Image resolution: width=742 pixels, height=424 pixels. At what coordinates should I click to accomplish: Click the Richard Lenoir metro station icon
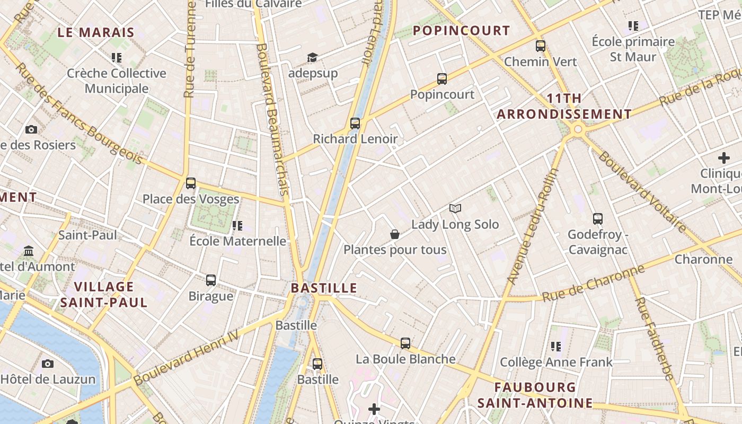[x=355, y=123]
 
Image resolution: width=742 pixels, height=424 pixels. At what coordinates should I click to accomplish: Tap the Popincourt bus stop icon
[x=442, y=79]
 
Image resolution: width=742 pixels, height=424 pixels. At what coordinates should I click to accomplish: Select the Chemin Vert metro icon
[x=541, y=46]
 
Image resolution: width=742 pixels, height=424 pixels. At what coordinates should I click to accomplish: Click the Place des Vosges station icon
[x=191, y=183]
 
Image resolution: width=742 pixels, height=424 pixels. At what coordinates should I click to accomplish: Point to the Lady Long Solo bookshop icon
[x=455, y=208]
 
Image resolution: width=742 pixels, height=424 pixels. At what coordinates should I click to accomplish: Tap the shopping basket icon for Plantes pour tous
[x=395, y=234]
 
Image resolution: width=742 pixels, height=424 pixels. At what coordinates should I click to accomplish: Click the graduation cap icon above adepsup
[x=313, y=57]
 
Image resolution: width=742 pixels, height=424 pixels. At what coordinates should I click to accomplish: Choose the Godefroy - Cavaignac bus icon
[x=598, y=218]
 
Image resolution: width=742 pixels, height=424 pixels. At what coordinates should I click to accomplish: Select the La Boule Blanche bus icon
[x=405, y=343]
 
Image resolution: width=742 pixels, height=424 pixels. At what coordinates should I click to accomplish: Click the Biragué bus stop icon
[x=211, y=280]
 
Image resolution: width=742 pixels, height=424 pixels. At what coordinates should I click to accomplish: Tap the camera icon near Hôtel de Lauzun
[x=48, y=364]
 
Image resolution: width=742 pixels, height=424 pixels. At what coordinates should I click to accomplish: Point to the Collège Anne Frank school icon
[x=556, y=347]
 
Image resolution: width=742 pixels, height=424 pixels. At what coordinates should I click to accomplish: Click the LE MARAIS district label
[x=96, y=32]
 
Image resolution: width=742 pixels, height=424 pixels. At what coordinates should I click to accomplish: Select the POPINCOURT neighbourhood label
[x=461, y=31]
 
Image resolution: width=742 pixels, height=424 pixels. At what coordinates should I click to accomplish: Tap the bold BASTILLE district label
[x=324, y=288]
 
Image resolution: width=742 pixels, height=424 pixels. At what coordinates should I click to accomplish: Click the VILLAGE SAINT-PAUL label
[x=104, y=295]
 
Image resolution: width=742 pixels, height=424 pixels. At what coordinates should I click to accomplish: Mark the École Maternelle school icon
[x=237, y=226]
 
